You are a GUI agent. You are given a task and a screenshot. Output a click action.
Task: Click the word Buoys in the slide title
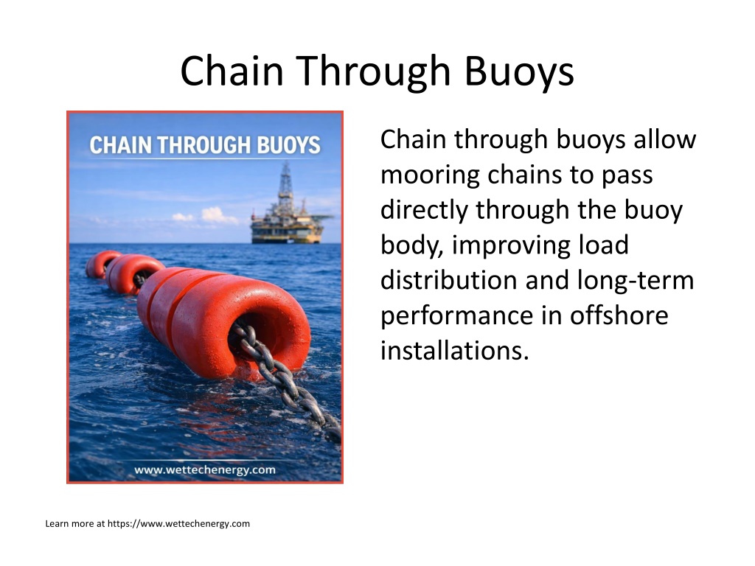point(519,71)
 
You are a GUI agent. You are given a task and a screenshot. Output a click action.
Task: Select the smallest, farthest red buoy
point(102,265)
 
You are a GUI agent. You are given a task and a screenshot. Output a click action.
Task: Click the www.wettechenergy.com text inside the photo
point(205,469)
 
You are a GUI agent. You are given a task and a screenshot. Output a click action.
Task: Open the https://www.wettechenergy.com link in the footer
point(178,524)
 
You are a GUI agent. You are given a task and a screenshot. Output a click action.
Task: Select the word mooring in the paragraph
point(430,175)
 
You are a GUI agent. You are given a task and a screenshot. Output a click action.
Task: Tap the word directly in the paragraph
point(423,210)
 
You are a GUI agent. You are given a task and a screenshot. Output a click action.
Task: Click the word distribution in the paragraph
point(449,280)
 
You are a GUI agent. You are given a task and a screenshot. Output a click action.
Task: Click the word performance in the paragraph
point(456,316)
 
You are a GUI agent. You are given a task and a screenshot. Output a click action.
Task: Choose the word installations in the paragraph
point(454,350)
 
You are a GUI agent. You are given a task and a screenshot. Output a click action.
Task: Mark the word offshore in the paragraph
point(619,315)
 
